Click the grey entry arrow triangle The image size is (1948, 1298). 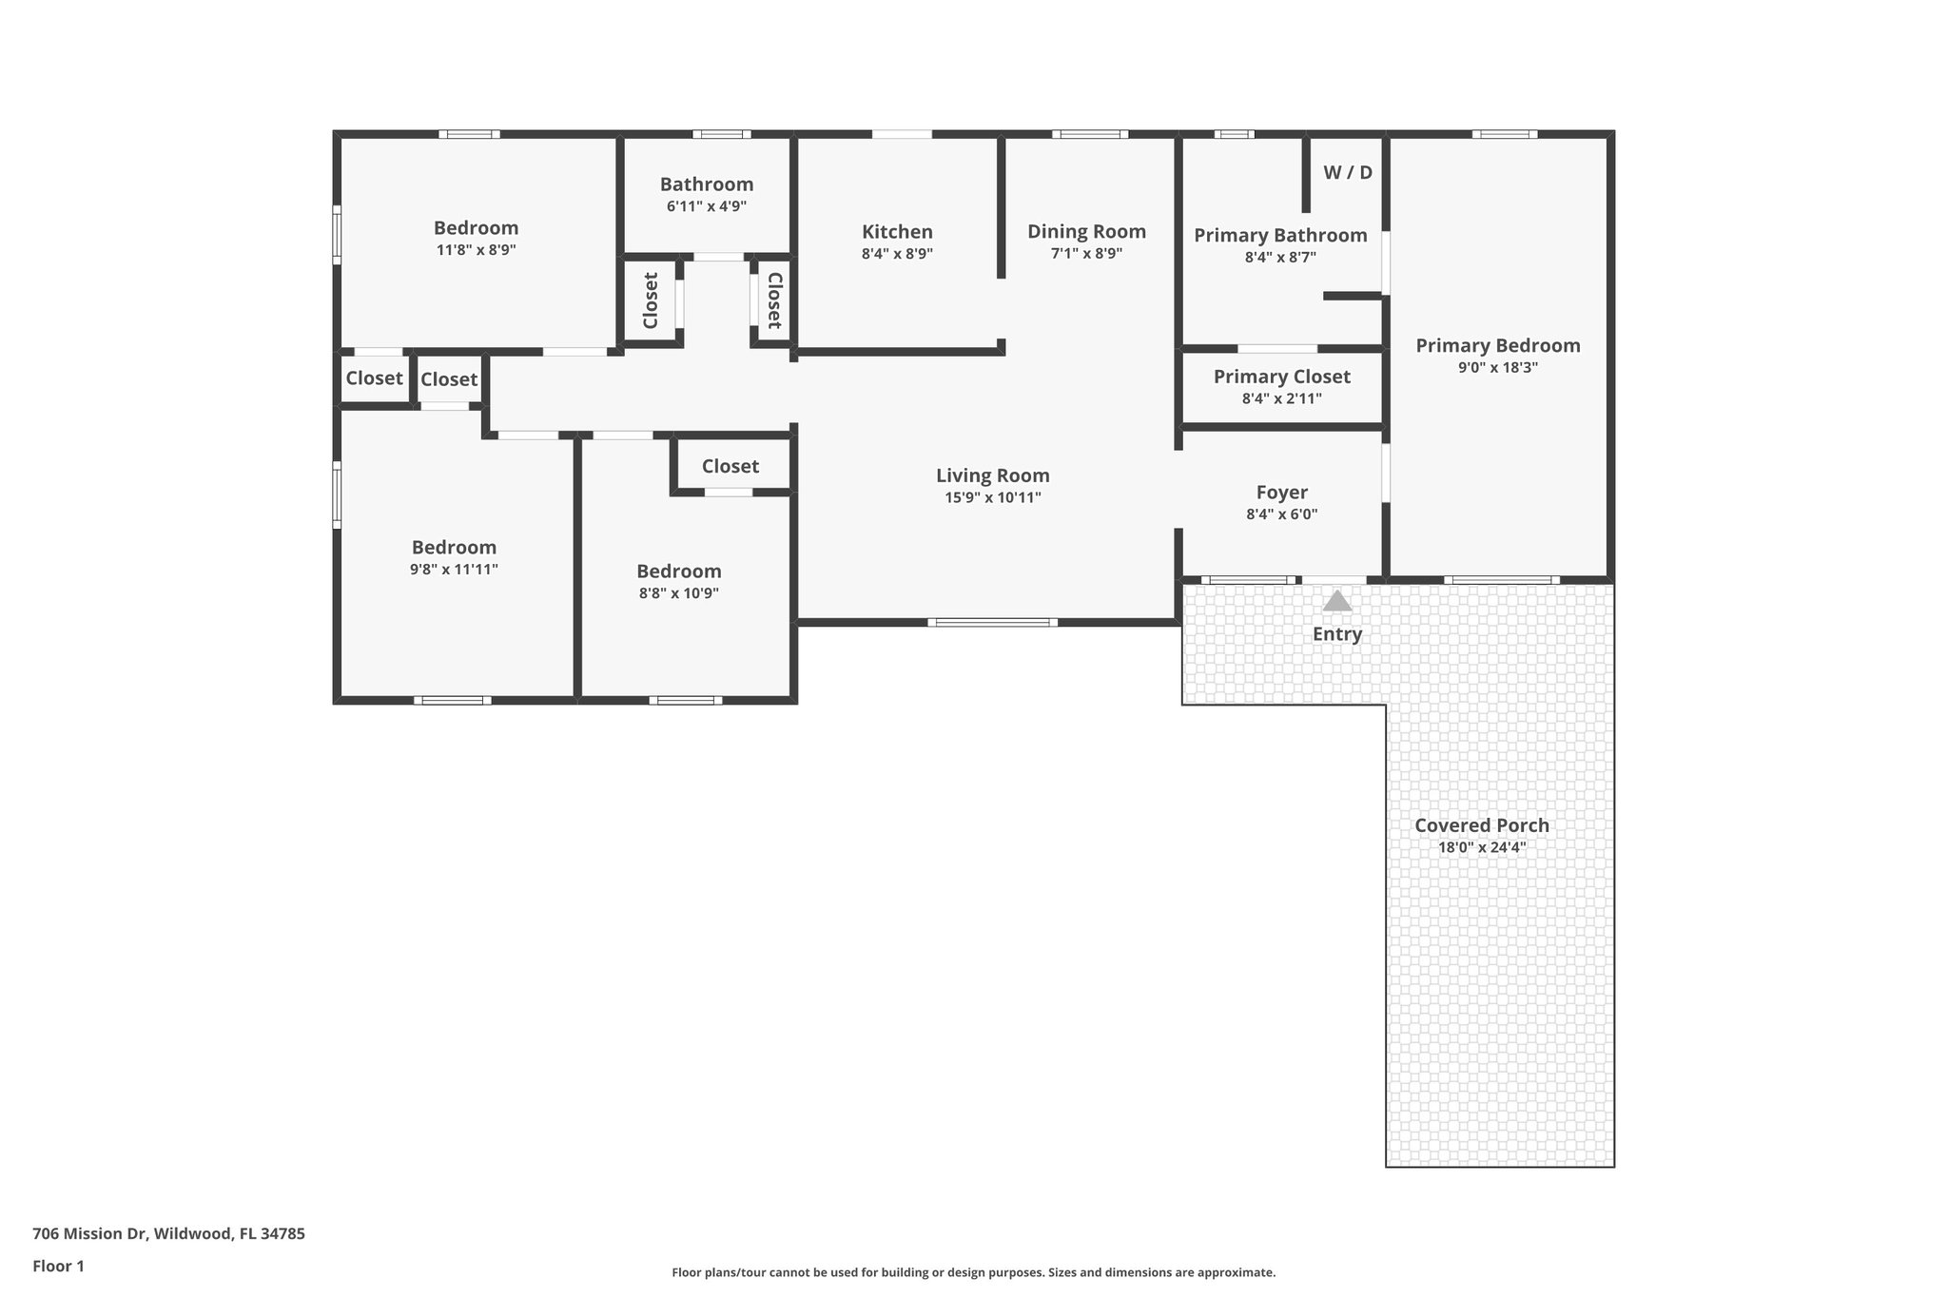[1337, 601]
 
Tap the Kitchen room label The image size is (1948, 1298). [897, 232]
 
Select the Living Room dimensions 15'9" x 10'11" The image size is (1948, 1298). [992, 497]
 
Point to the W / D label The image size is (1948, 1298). [1348, 172]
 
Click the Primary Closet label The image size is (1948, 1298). [1281, 377]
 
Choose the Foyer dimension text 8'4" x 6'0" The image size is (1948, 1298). [1281, 514]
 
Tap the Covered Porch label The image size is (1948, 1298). [1481, 825]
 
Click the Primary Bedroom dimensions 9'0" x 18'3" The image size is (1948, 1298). [1497, 367]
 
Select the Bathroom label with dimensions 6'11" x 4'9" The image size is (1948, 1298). [706, 184]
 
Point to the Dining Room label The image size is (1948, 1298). [1086, 231]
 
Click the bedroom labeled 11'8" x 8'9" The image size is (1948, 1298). [476, 228]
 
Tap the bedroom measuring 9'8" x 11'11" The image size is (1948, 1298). [454, 548]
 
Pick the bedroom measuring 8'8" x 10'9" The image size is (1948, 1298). [678, 572]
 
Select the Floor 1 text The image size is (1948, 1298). [58, 1266]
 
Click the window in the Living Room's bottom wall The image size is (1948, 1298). [992, 623]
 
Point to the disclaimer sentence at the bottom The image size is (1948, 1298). [973, 1272]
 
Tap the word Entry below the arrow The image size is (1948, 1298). [1337, 634]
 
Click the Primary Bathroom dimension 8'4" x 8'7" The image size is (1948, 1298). [1280, 257]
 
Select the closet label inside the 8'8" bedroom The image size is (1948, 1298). [730, 466]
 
